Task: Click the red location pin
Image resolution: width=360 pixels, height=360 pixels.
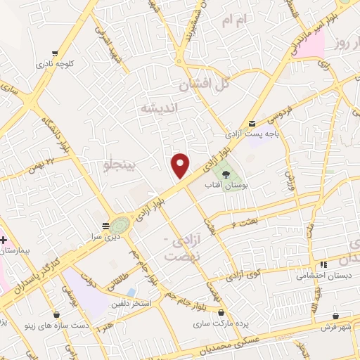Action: [181, 166]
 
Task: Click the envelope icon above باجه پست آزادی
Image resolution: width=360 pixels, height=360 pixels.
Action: [252, 123]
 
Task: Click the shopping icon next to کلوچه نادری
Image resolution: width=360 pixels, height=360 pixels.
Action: [56, 53]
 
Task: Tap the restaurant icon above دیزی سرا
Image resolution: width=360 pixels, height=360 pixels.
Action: [105, 226]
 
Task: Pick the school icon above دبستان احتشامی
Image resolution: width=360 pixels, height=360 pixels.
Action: [323, 265]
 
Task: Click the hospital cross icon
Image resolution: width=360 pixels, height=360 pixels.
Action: [4, 240]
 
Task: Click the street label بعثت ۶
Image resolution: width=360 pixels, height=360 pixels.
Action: [243, 222]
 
